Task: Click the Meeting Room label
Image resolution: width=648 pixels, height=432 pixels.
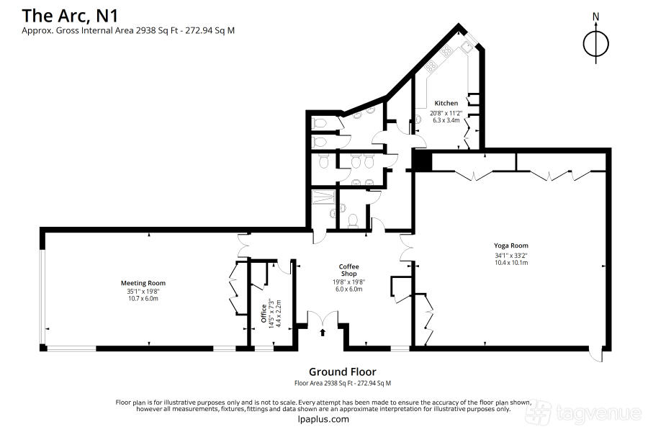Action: coord(143,283)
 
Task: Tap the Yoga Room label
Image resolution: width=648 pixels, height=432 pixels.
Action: coord(511,246)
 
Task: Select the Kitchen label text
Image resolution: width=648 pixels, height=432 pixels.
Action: coord(446,103)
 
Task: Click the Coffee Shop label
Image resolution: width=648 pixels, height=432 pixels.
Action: coord(348,270)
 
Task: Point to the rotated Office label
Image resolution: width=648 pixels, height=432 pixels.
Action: coord(264,314)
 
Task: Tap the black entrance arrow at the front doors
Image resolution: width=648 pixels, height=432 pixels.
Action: coord(323,332)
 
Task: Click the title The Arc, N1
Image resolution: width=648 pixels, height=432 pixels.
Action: coord(70,16)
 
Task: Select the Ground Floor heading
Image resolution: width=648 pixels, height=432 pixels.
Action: coord(343,372)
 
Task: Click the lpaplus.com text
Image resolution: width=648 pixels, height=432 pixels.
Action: coord(323,419)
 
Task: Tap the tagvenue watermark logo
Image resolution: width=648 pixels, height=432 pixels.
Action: coord(583,412)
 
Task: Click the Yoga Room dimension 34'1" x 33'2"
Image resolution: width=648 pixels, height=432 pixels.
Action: coord(511,256)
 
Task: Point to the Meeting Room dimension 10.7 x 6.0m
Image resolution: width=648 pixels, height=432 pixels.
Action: coord(143,299)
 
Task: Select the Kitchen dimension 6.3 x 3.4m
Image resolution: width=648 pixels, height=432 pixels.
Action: coord(446,120)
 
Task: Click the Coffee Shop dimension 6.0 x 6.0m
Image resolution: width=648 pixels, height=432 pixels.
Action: coord(348,289)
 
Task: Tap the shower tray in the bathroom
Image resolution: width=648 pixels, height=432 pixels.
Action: coord(323,197)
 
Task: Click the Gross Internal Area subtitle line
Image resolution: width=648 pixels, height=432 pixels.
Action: coord(128,30)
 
